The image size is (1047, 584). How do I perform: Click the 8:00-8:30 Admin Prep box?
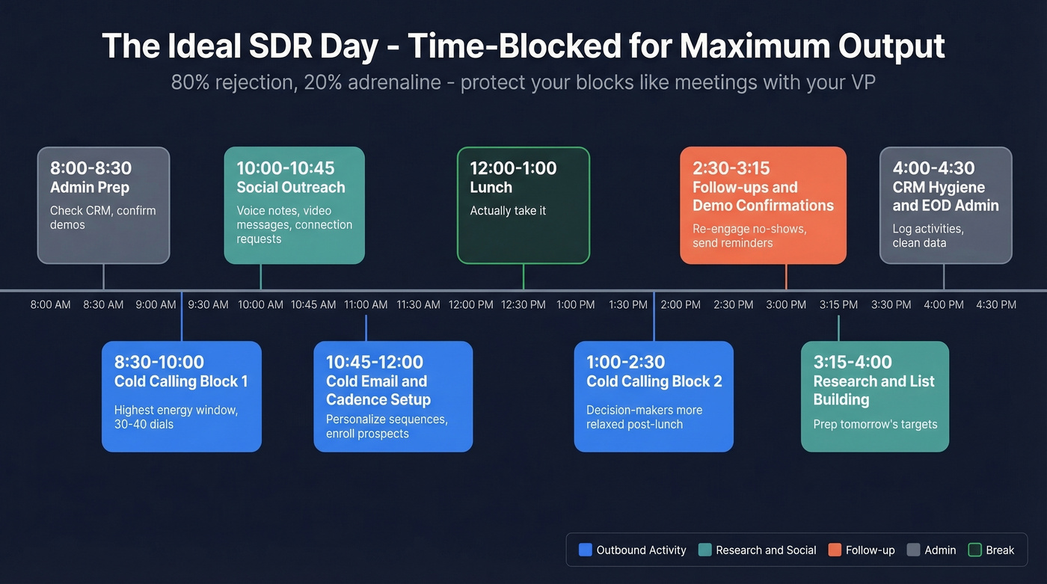103,205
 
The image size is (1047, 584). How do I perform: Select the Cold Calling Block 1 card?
181,396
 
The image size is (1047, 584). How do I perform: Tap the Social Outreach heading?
291,188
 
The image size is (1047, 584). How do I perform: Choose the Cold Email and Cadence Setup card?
393,396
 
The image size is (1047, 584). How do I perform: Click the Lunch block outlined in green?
523,205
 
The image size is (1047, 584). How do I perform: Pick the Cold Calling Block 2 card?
653,396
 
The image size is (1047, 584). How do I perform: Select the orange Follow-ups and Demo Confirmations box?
763,205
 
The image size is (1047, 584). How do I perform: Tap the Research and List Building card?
874,396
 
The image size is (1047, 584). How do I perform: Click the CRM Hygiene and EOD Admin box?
945,205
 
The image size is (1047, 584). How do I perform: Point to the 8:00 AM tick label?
51,305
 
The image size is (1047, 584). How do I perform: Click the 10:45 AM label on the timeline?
313,305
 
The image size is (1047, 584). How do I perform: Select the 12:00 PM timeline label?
471,305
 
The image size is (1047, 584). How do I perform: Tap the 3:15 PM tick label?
838,305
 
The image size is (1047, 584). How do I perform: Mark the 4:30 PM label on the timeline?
996,305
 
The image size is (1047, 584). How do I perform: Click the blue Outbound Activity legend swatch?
586,550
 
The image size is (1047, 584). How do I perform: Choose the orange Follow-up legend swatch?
835,550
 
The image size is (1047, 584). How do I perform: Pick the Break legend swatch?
975,550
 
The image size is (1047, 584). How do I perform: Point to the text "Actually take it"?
508,211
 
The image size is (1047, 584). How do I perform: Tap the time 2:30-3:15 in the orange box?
731,168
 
